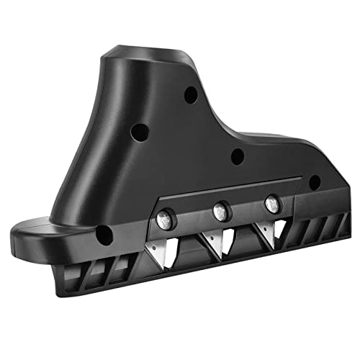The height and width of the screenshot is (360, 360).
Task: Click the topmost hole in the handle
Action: (189, 94)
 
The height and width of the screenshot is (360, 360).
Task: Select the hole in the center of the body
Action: (237, 156)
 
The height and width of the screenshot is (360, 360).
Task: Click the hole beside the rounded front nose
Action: (103, 233)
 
